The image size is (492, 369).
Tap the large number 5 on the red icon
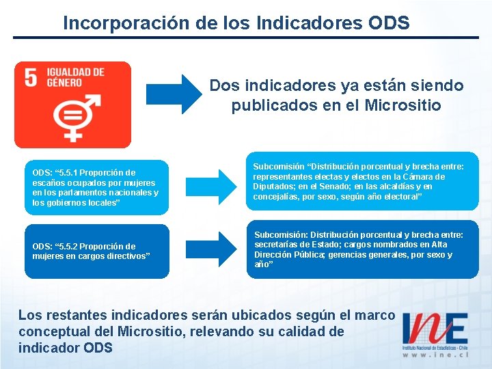[x=31, y=77]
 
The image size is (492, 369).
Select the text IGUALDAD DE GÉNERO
[x=75, y=77]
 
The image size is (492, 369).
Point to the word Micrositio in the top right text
[x=405, y=106]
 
